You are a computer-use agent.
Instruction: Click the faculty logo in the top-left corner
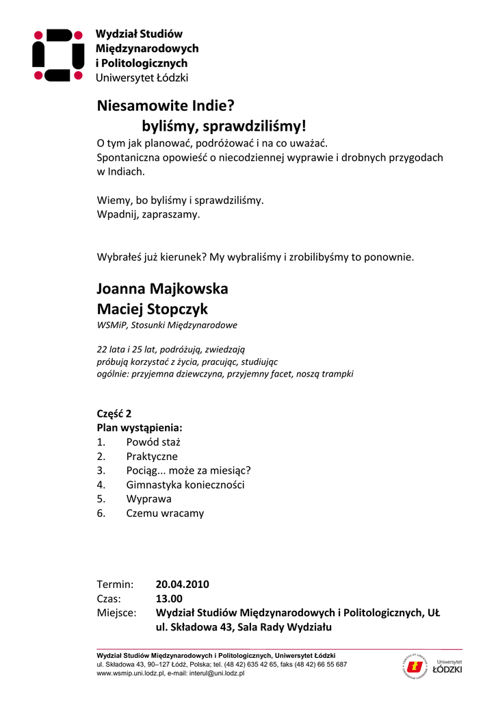click(57, 55)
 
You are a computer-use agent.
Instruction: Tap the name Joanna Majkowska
click(162, 289)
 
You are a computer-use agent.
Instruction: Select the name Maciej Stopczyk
click(152, 309)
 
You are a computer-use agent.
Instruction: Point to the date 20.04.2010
click(182, 585)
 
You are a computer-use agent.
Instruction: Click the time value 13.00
click(170, 598)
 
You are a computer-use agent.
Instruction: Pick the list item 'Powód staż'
click(153, 442)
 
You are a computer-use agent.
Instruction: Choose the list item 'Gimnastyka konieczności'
click(185, 485)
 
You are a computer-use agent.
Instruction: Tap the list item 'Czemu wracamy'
click(165, 513)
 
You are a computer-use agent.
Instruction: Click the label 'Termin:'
click(115, 585)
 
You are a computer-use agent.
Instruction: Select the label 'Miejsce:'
click(116, 613)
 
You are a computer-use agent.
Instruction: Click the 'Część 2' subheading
click(114, 413)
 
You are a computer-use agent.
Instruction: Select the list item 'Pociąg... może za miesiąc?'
click(188, 470)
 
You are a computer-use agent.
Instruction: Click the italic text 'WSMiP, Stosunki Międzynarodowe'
click(167, 325)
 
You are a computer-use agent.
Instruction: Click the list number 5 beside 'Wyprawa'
click(101, 499)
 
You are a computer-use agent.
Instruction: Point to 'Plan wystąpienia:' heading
click(140, 428)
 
